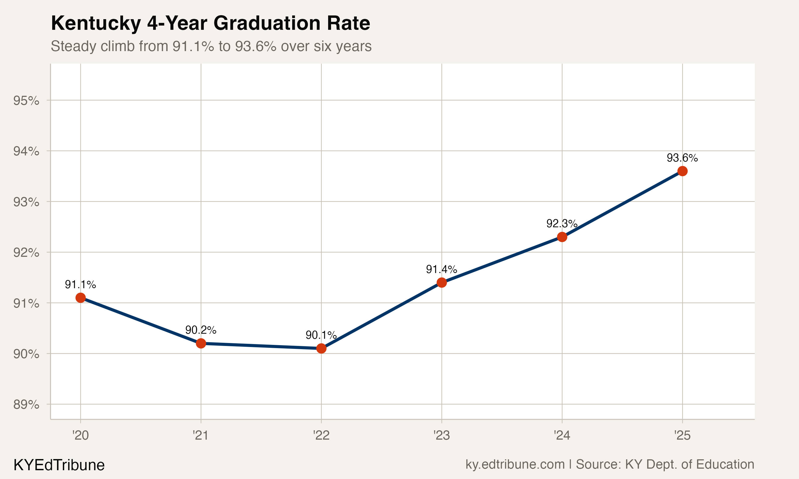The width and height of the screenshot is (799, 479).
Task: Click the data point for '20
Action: [80, 298]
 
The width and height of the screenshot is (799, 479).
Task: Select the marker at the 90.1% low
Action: [321, 348]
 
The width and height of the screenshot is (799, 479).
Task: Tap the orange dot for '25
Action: [682, 171]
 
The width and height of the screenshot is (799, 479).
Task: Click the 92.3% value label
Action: [562, 223]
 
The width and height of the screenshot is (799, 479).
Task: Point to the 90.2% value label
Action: [201, 330]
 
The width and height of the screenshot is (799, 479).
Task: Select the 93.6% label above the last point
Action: [682, 158]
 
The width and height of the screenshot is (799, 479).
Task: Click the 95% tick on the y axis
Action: [26, 101]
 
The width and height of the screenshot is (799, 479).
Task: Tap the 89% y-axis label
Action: [26, 404]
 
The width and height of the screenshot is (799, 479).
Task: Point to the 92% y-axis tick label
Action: [26, 253]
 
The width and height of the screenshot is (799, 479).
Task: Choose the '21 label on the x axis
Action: [201, 436]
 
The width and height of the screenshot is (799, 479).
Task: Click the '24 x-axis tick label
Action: [562, 436]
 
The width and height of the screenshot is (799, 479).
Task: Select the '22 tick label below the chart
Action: [321, 436]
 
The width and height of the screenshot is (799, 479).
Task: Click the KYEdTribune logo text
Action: [59, 465]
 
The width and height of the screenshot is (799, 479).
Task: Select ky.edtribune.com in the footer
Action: [515, 464]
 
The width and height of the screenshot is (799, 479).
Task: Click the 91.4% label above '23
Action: [442, 269]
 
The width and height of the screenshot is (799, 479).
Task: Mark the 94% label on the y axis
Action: [26, 151]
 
